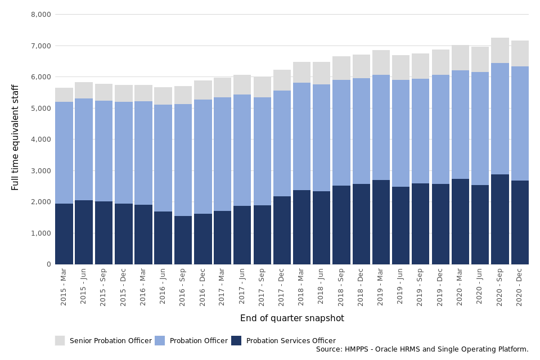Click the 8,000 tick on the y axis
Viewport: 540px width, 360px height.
point(40,15)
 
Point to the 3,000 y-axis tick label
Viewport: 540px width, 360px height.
point(40,171)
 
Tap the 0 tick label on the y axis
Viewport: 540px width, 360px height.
point(48,264)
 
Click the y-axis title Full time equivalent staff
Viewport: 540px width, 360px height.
point(16,137)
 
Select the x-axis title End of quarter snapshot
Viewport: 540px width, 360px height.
point(292,318)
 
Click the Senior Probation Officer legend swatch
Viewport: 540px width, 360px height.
point(60,341)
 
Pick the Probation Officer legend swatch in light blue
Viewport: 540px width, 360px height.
point(160,341)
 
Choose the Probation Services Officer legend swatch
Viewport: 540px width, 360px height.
point(236,341)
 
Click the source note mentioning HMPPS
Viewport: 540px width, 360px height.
point(422,349)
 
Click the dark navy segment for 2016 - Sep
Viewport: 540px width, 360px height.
point(183,240)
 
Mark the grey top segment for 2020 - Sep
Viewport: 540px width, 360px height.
point(500,51)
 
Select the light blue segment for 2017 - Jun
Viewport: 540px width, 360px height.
point(242,150)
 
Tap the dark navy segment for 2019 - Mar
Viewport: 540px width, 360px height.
point(381,222)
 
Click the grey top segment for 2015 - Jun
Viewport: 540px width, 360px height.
point(84,91)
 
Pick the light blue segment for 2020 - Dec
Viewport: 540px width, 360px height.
point(520,124)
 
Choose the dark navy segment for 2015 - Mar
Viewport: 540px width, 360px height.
point(64,234)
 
